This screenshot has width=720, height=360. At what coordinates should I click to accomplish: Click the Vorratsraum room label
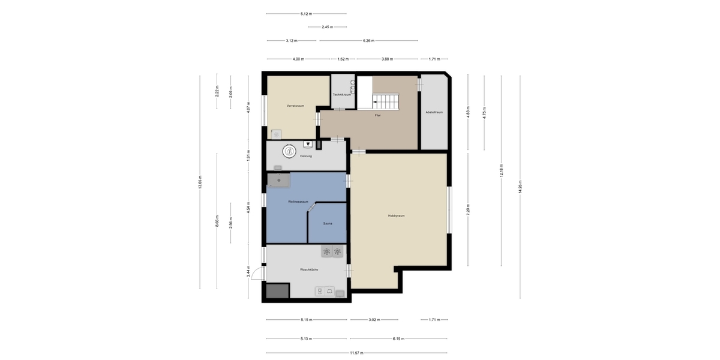click(295, 106)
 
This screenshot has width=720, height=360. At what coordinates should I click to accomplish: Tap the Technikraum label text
click(342, 95)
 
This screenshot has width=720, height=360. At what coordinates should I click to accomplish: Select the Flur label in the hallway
click(377, 115)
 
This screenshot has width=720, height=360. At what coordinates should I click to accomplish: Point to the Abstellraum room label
click(434, 112)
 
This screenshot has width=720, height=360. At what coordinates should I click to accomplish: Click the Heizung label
click(306, 157)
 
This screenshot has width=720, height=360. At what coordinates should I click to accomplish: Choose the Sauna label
click(328, 224)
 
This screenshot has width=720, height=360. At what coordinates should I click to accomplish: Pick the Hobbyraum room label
click(396, 215)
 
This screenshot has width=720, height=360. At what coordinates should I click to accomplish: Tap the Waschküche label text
click(309, 270)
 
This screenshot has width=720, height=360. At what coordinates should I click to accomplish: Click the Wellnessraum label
click(298, 202)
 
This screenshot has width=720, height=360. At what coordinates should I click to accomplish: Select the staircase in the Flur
click(384, 101)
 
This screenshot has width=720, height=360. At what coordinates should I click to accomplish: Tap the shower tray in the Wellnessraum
click(279, 179)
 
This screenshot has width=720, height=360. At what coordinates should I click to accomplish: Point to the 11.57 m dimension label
click(357, 352)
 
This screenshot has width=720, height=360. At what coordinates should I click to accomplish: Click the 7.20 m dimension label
click(468, 209)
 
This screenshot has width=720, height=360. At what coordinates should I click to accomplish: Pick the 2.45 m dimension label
click(327, 27)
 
